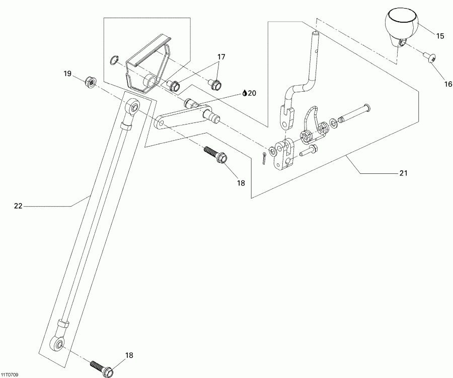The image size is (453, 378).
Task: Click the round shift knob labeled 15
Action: (x=401, y=25)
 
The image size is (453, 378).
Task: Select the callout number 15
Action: (x=440, y=36)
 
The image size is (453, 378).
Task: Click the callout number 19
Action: (x=67, y=74)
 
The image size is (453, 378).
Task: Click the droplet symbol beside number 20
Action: (x=245, y=93)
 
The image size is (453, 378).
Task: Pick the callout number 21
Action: (x=403, y=173)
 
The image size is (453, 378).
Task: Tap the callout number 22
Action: (x=18, y=205)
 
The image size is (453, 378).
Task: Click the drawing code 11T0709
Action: (x=10, y=374)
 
